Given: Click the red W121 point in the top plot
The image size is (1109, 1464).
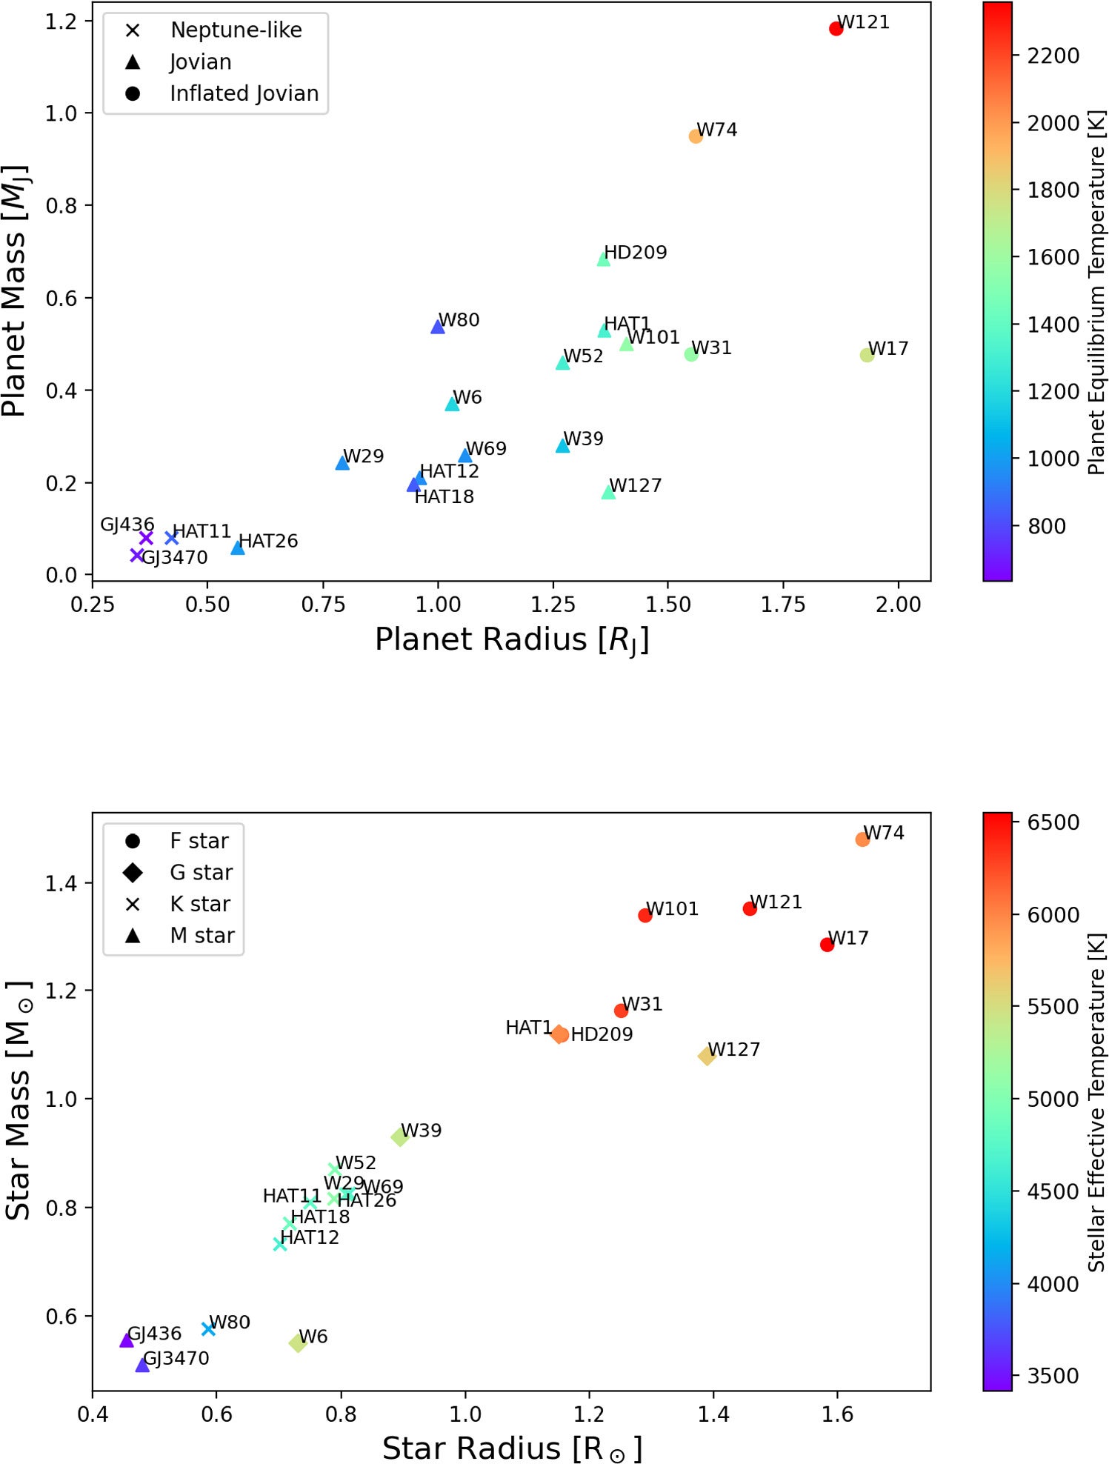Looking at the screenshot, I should coord(836,29).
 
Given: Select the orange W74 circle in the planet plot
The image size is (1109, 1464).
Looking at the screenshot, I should coord(695,136).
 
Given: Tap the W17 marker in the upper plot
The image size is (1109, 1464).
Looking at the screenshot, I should coord(867,355).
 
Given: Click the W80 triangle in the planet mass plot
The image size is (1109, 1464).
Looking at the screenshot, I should coord(438,327).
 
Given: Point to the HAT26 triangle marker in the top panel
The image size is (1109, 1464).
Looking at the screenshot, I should coord(238,548).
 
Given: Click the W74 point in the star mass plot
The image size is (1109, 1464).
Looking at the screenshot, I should coord(862,839).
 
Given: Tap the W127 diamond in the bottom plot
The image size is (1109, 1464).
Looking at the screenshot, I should coord(707,1056).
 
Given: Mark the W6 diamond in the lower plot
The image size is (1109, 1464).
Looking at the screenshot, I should coord(298,1342).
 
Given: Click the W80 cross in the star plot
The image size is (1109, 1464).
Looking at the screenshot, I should coord(208,1329).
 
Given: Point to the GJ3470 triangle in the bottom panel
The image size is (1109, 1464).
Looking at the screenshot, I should coord(142,1365).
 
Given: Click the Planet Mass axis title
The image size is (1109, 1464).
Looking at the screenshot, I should coord(15,290).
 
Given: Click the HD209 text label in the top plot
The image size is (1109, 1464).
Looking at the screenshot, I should coord(635,253).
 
